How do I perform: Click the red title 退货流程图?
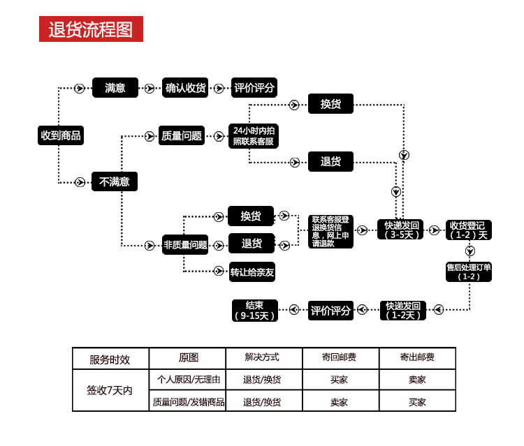click(x=91, y=29)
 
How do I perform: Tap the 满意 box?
click(x=115, y=88)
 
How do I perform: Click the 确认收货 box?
click(x=186, y=88)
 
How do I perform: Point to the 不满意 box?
click(x=115, y=182)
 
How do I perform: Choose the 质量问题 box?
click(x=182, y=136)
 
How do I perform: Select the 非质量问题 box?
click(x=185, y=244)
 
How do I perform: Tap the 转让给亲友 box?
click(x=252, y=272)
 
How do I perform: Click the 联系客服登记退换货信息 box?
click(x=331, y=231)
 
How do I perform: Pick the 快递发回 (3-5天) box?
click(x=402, y=230)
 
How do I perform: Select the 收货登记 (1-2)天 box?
click(x=469, y=230)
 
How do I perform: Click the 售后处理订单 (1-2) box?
click(x=469, y=272)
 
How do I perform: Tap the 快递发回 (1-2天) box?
click(x=402, y=310)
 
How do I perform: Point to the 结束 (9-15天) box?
click(x=254, y=310)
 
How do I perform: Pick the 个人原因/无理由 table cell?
click(x=189, y=380)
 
